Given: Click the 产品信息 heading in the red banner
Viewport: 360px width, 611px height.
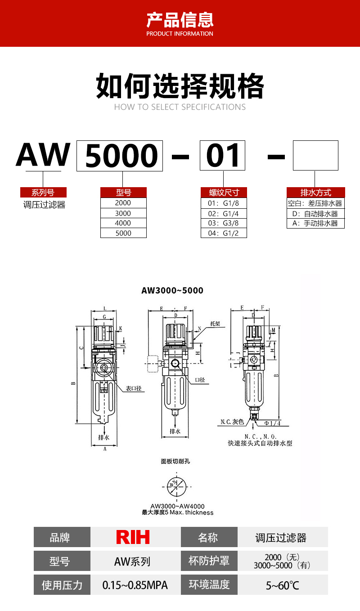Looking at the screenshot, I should [180, 20].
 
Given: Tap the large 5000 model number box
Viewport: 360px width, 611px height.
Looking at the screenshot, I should [120, 156].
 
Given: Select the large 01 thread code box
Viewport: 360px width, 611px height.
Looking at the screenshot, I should [223, 156].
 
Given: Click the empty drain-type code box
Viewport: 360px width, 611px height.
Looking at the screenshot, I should [315, 156].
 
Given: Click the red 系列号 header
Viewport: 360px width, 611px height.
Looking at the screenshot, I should [43, 193].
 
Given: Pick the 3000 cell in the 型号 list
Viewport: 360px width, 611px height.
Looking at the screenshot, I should [123, 213].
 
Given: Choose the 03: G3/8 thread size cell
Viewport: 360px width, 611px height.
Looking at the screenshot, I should [224, 223].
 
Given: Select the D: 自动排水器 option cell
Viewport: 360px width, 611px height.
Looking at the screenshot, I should [315, 214].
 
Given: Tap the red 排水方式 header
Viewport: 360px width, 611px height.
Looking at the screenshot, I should [315, 193].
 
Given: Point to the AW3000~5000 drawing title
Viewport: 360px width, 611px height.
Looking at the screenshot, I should [172, 291].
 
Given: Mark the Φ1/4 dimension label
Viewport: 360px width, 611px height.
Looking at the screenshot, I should [272, 423].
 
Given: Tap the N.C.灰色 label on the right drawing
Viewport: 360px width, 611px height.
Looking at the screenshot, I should [232, 422].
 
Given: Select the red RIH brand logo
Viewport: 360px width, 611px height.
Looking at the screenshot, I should [133, 537].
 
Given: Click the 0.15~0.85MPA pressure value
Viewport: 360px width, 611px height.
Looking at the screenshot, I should [135, 585].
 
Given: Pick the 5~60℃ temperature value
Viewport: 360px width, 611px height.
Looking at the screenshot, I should [282, 585].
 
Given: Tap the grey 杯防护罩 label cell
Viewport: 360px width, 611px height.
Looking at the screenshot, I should [209, 561].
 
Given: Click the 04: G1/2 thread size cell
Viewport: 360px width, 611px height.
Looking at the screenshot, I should [224, 233].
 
